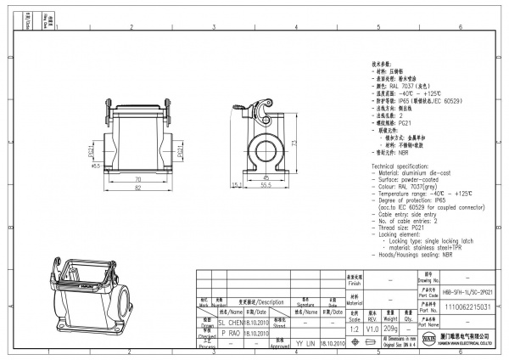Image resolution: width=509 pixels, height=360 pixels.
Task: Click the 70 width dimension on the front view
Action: (137, 180)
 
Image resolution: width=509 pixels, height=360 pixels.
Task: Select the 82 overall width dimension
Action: (137, 188)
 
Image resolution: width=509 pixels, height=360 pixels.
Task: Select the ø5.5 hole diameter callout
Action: (96, 166)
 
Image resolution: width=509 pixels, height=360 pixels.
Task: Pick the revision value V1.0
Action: (372, 328)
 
